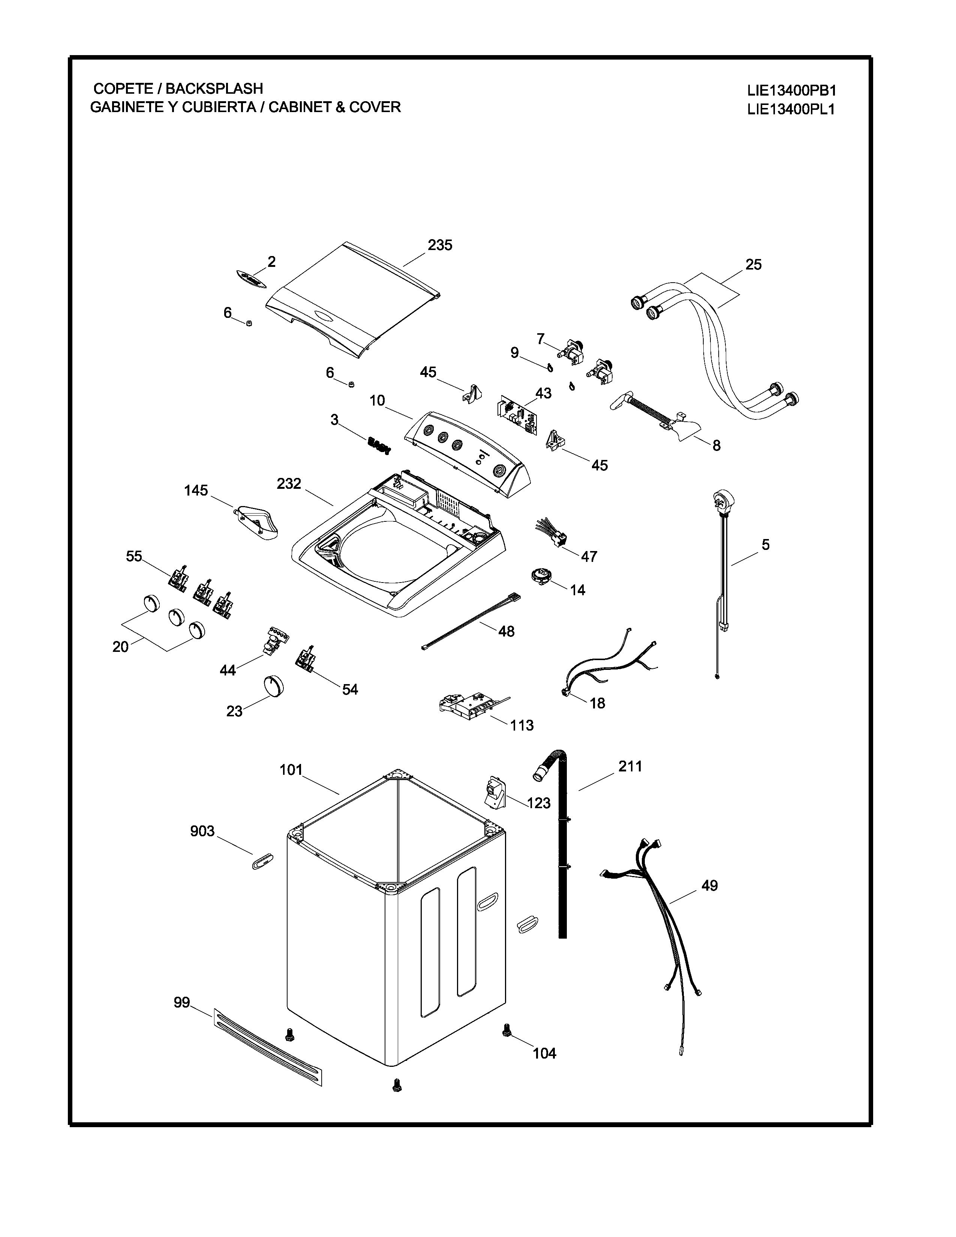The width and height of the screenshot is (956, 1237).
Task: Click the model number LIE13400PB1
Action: point(791,91)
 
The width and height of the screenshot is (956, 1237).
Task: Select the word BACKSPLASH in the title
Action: point(214,89)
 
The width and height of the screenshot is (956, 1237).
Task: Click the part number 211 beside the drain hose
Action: point(630,766)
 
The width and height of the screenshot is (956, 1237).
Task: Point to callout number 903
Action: point(202,831)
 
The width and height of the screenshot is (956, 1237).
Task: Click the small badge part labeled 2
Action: point(251,279)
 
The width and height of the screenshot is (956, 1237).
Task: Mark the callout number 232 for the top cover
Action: point(288,484)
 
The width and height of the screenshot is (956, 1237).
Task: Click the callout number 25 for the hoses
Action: point(753,265)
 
